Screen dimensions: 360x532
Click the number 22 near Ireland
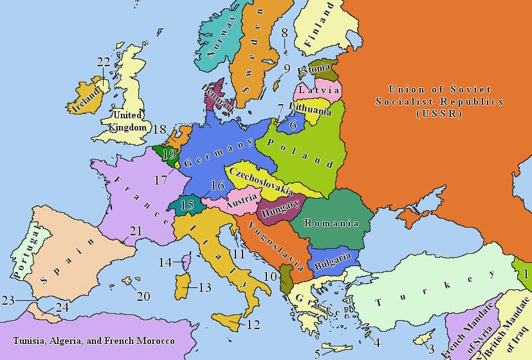(104, 62)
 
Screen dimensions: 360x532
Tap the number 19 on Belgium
(170, 154)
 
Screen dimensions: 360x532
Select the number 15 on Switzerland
(187, 205)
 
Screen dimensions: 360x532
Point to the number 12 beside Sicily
(253, 325)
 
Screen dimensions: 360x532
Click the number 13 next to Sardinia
(205, 287)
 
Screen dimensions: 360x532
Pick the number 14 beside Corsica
(165, 262)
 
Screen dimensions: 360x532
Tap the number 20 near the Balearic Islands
(143, 296)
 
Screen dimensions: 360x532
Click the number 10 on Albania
(270, 276)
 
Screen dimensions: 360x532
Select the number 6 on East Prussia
(293, 125)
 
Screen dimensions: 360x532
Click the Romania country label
(331, 223)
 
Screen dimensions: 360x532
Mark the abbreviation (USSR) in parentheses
(439, 114)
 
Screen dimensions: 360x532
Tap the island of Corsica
(187, 262)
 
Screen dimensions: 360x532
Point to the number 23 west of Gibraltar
(8, 300)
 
